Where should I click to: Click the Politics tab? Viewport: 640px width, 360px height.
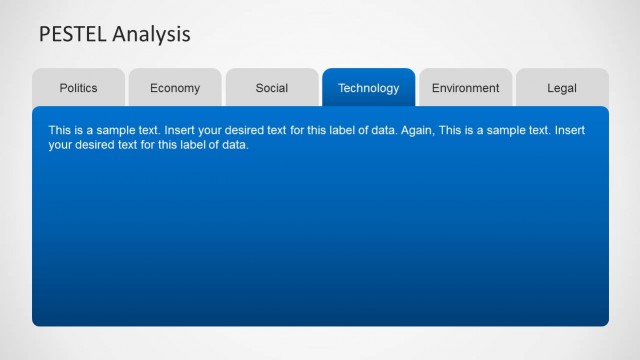click(78, 88)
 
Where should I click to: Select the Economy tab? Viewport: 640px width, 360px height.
click(175, 88)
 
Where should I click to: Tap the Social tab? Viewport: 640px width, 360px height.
click(272, 88)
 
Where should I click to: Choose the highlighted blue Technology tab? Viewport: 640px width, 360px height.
click(368, 88)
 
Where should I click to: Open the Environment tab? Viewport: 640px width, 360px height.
click(465, 88)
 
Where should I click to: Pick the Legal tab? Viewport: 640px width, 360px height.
click(562, 88)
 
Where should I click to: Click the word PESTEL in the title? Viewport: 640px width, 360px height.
click(73, 35)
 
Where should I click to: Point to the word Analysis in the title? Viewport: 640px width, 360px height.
click(151, 35)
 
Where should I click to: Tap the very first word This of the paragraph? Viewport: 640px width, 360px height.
click(59, 131)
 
